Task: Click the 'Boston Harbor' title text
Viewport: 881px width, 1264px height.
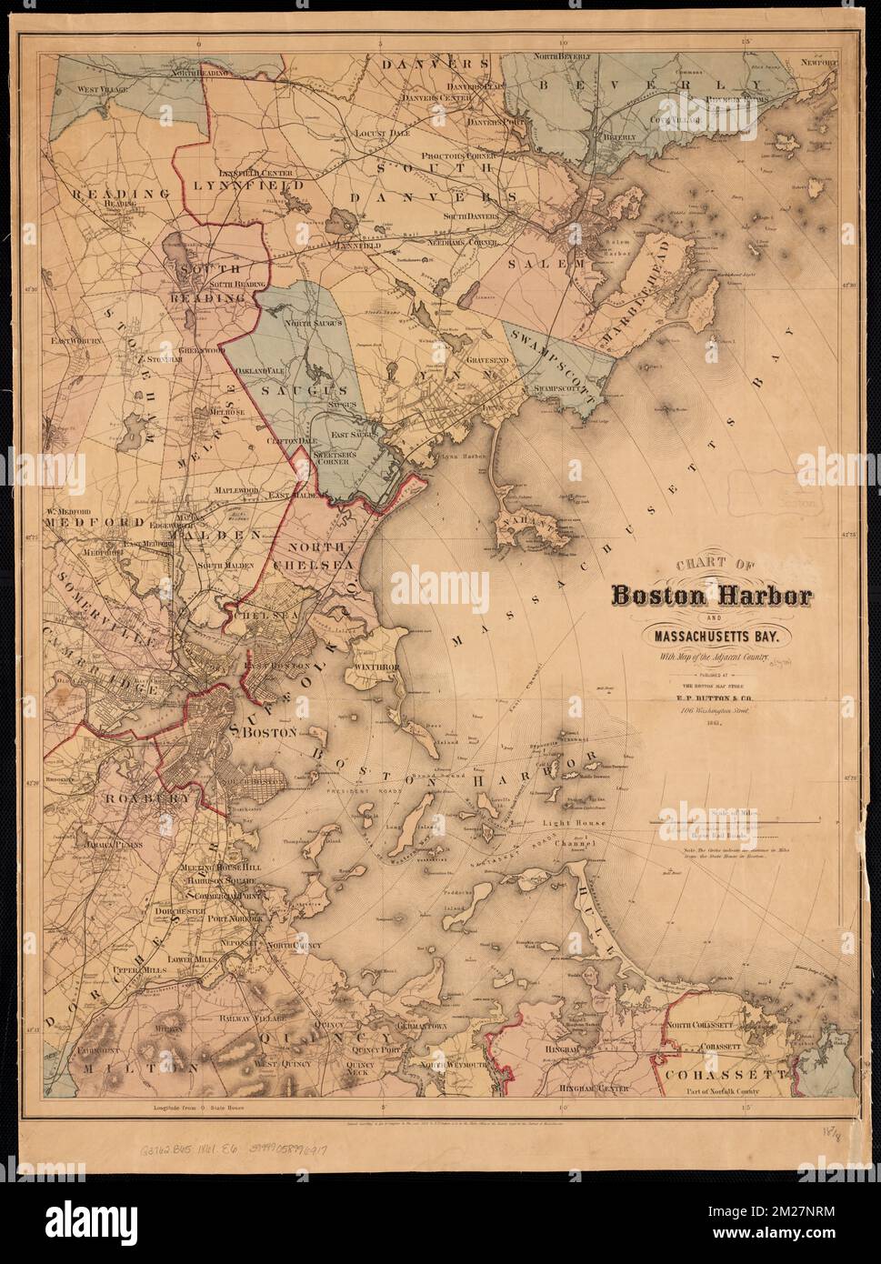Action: point(712,597)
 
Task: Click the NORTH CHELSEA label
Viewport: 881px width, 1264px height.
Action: point(324,555)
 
